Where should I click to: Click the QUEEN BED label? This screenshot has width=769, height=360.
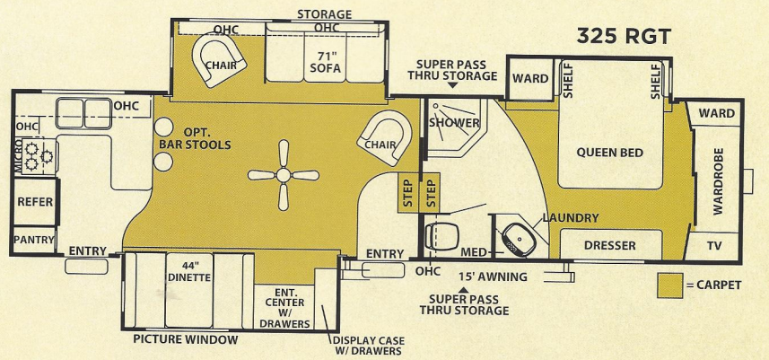tap(610, 153)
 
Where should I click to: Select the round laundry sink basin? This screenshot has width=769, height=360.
tap(518, 239)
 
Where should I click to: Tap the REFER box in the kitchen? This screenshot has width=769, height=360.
tap(36, 203)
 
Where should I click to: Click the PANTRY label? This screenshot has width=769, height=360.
tap(34, 240)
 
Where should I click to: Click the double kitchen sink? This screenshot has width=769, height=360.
tap(83, 112)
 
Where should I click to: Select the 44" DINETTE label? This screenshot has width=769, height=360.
tap(188, 271)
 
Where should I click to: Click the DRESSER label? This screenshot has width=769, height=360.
tap(609, 245)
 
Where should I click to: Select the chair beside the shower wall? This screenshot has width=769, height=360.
tap(383, 142)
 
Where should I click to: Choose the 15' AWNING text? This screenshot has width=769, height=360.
tap(491, 277)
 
